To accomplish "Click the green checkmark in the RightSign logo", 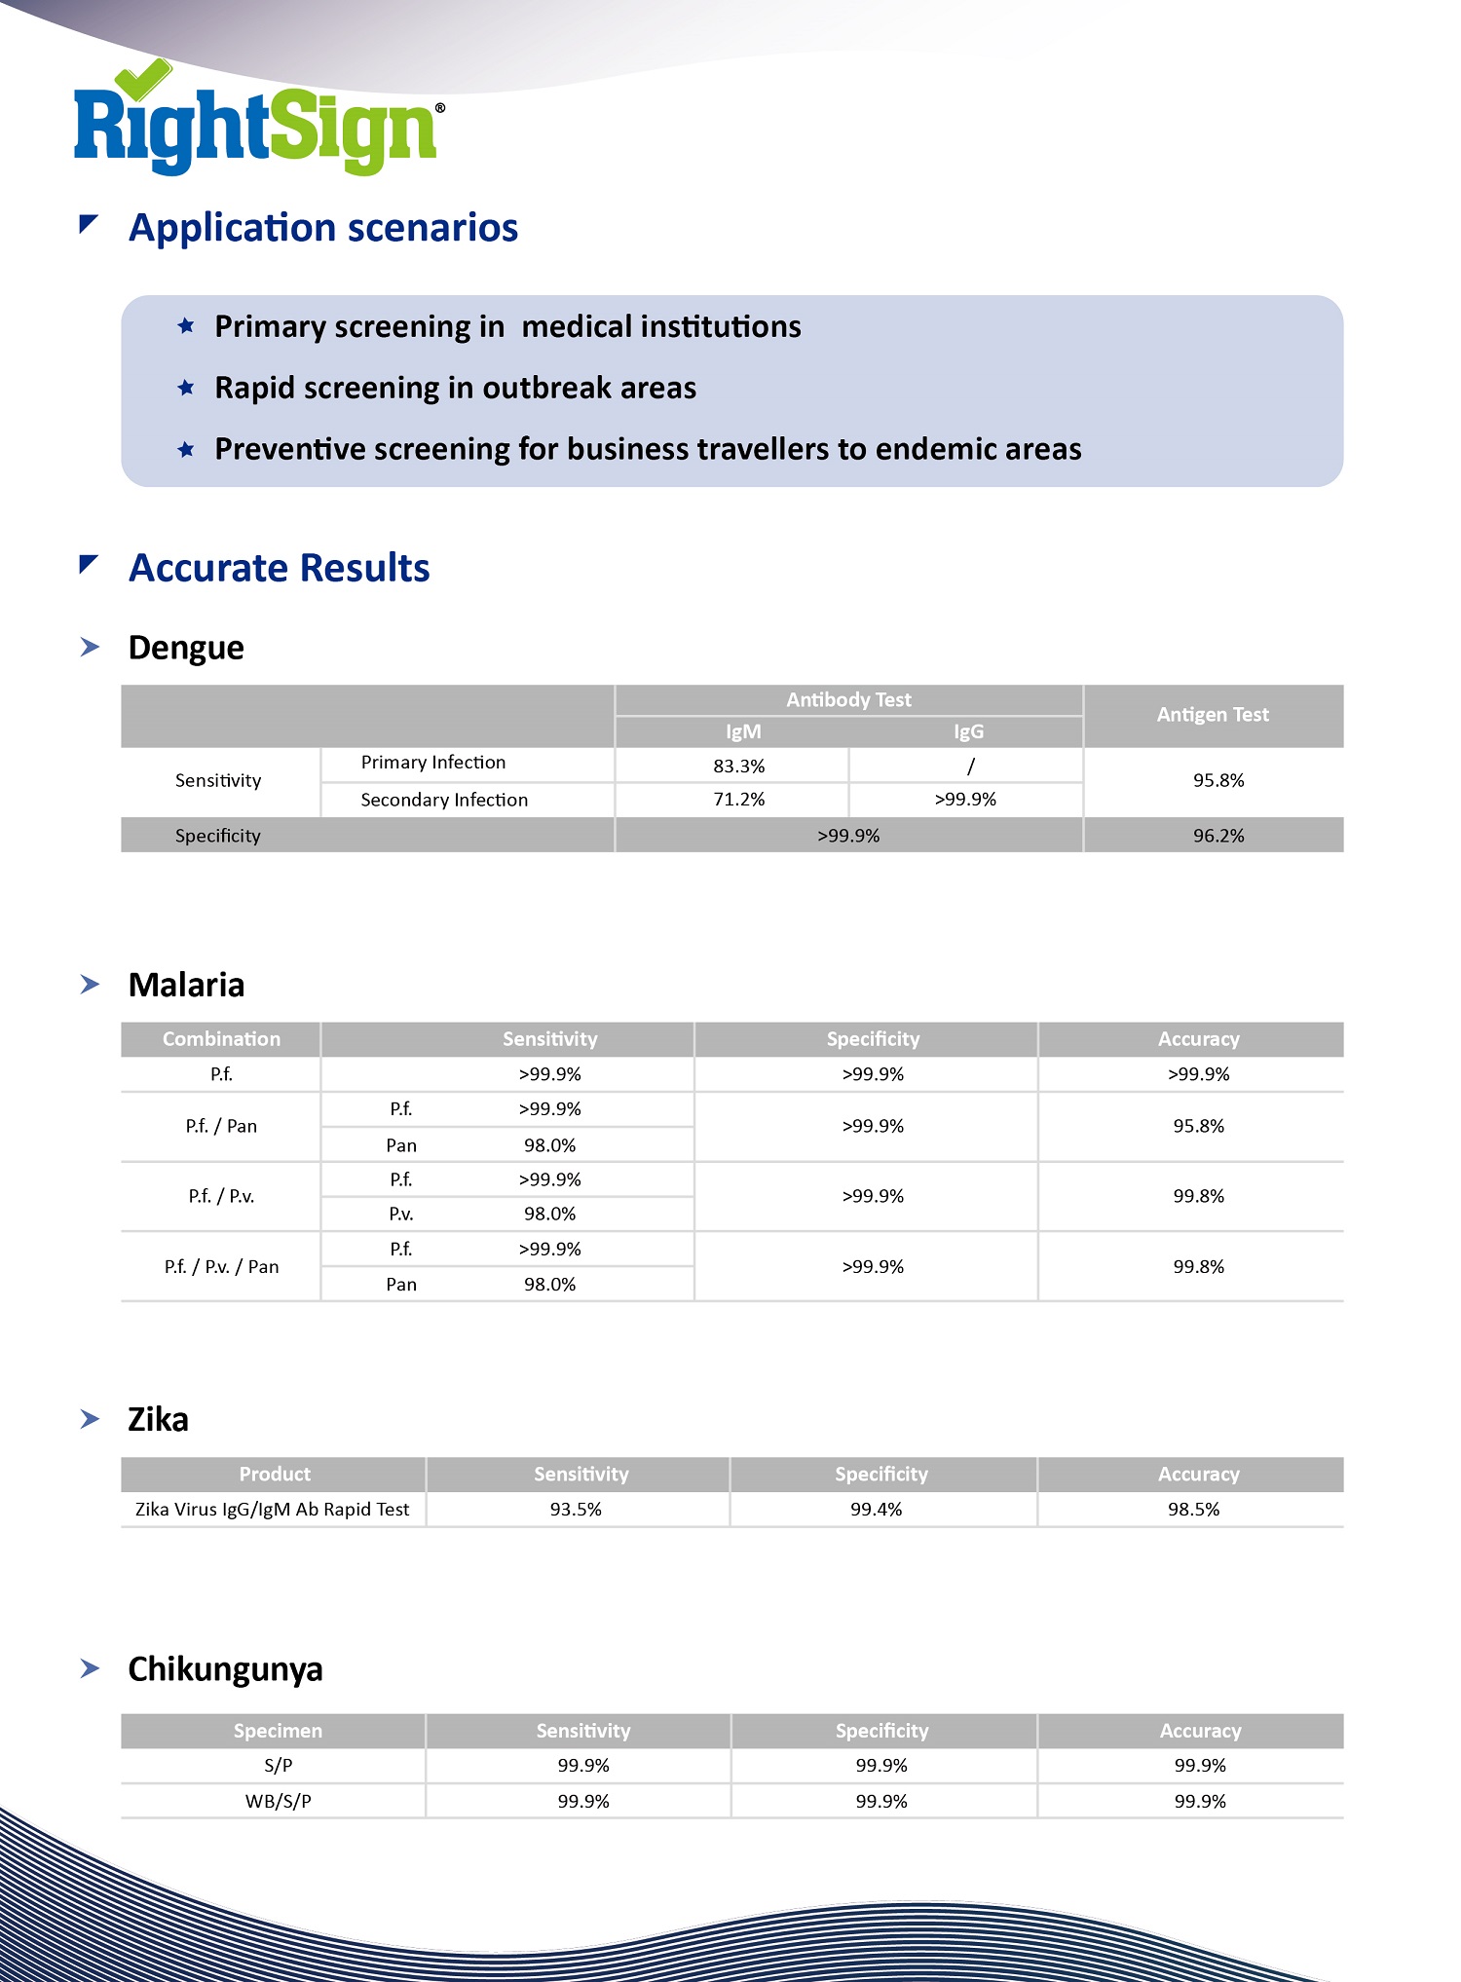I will pyautogui.click(x=142, y=79).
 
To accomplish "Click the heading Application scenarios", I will pyautogui.click(x=322, y=228).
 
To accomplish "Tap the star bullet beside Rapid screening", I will pyautogui.click(x=186, y=388).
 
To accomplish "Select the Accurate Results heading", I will pyautogui.click(x=279, y=568).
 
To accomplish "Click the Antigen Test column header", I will pyautogui.click(x=1213, y=715).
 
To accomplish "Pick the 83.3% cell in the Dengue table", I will pyautogui.click(x=738, y=767).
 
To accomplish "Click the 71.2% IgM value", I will pyautogui.click(x=738, y=800).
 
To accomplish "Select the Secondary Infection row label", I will pyautogui.click(x=444, y=800).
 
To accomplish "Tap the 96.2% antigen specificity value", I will pyautogui.click(x=1218, y=836).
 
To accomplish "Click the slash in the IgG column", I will pyautogui.click(x=970, y=767).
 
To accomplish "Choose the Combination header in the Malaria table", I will pyautogui.click(x=221, y=1039).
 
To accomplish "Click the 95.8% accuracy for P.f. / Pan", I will pyautogui.click(x=1198, y=1126).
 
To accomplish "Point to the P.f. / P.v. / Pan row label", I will pyautogui.click(x=221, y=1266).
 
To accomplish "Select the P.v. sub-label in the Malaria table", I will pyautogui.click(x=400, y=1214).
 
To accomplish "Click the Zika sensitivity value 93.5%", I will pyautogui.click(x=576, y=1510).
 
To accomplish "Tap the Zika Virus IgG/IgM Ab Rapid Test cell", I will pyautogui.click(x=272, y=1510).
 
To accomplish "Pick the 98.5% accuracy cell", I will pyautogui.click(x=1193, y=1510).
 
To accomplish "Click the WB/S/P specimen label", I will pyautogui.click(x=278, y=1801).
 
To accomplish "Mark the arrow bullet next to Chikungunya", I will pyautogui.click(x=90, y=1669).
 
